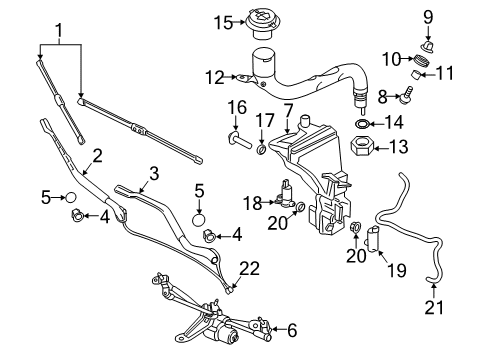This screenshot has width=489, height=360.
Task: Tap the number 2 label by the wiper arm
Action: coord(97,155)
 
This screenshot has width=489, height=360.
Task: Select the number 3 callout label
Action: coord(152,173)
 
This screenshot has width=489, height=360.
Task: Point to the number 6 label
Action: coord(291,328)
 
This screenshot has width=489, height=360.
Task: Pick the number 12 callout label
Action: coord(211,76)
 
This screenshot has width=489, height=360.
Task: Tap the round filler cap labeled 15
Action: coord(264,19)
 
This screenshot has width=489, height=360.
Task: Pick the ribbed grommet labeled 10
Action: coord(422,65)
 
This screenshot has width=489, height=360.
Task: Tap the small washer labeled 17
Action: coord(263,150)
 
